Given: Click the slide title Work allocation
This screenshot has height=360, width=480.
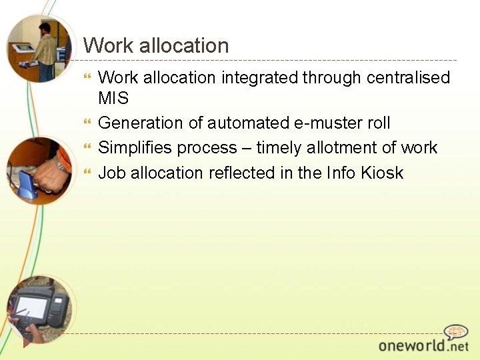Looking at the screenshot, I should [x=156, y=46].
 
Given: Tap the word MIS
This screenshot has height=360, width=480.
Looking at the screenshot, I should [x=113, y=98].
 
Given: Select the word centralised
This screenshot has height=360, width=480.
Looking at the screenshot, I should [x=408, y=78].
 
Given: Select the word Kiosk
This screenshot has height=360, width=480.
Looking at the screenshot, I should [x=382, y=173].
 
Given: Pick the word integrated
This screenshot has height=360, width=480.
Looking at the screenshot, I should [x=259, y=78].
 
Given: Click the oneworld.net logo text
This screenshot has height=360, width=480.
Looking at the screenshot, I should [x=423, y=346].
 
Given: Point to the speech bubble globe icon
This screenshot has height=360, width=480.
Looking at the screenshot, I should [x=456, y=332].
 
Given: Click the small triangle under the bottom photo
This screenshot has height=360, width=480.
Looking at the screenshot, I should [x=27, y=343].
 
